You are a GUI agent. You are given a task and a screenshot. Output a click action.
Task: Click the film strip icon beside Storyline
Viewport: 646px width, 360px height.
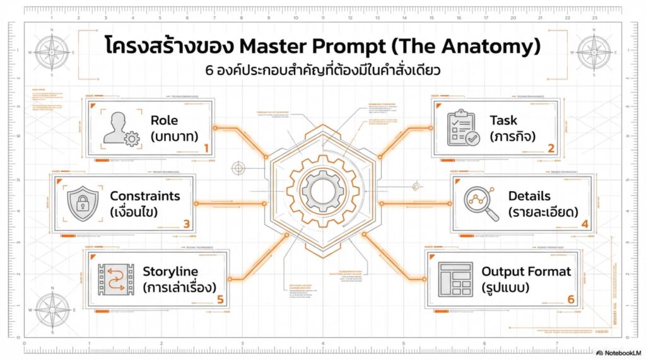point(115,279)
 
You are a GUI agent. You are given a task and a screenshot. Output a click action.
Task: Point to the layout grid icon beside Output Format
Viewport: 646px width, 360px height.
point(455,279)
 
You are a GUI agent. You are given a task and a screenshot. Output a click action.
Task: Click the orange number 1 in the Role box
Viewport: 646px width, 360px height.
point(206,149)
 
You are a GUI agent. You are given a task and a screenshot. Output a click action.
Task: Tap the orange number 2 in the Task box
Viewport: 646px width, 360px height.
point(551,149)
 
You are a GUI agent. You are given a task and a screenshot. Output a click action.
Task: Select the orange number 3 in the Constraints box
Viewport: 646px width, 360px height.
point(186,223)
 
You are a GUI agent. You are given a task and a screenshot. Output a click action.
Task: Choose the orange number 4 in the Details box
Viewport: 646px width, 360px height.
point(585,223)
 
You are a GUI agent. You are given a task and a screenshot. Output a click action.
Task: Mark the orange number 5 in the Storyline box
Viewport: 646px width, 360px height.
point(220,299)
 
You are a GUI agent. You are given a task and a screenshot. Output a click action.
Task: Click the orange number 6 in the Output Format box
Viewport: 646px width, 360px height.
point(570,299)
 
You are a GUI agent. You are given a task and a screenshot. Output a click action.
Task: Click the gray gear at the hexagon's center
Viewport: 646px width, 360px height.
point(322,190)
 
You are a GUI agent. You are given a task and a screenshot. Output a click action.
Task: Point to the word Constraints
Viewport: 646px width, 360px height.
point(144,196)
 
